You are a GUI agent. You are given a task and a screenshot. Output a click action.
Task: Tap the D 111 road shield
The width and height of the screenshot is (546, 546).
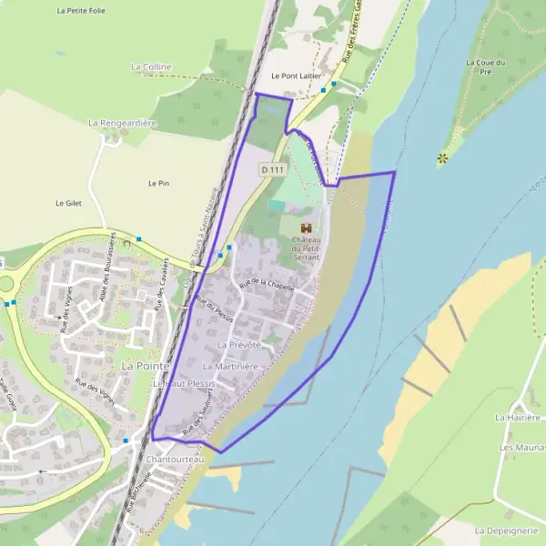pos(272,169)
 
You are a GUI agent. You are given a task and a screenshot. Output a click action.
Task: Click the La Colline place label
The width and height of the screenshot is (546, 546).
pos(151,66)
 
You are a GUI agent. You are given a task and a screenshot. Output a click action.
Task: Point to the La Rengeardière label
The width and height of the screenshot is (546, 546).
pos(123,122)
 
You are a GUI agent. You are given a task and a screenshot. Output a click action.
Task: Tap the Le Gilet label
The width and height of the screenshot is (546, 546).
pos(68,203)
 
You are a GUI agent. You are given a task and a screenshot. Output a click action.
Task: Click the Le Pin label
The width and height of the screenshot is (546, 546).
pos(158,183)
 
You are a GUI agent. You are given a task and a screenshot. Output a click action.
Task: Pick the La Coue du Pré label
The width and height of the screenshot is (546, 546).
pos(484,66)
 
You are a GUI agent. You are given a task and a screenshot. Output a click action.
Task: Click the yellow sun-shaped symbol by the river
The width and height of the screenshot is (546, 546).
pos(443,158)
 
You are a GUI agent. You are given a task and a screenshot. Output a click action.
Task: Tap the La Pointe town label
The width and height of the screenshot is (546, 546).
pos(142,364)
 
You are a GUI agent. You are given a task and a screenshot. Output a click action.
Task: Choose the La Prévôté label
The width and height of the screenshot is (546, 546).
pos(239,346)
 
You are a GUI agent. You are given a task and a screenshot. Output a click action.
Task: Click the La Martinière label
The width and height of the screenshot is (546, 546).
pos(232,366)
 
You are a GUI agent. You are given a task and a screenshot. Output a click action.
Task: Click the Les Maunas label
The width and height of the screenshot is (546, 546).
pos(521,448)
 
